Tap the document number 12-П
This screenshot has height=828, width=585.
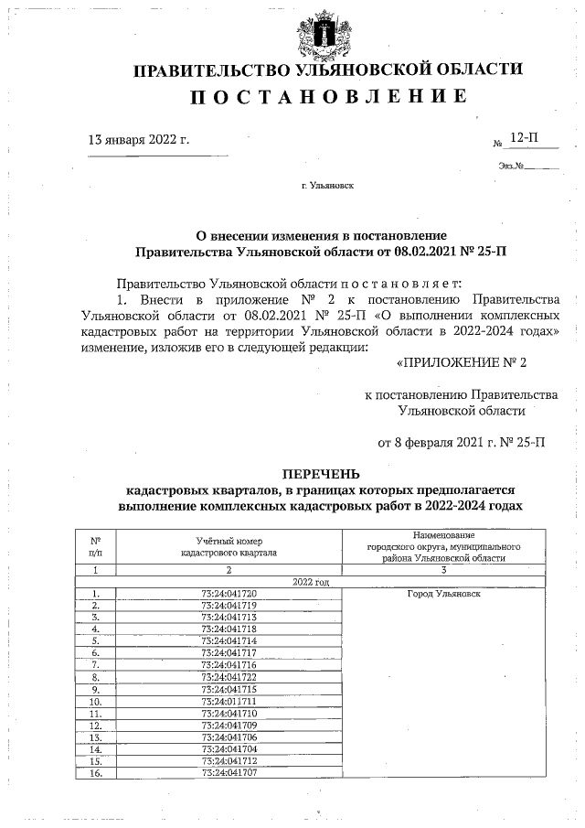(x=524, y=137)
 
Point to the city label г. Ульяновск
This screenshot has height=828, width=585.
(x=327, y=185)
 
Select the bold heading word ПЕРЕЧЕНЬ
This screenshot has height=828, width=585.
(x=321, y=474)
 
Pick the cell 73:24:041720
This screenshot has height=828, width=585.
(x=229, y=594)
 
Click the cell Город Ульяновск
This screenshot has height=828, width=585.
(x=443, y=594)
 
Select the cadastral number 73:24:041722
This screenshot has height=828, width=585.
(x=229, y=677)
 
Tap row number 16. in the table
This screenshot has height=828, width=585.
(x=96, y=772)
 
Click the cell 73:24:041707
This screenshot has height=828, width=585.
(x=229, y=772)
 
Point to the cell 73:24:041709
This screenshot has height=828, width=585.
(x=229, y=725)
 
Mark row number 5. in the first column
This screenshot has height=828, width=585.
(x=96, y=641)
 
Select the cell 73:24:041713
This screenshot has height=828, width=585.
(x=229, y=618)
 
